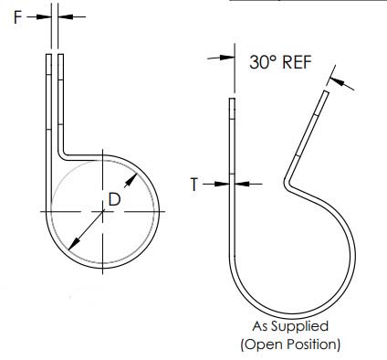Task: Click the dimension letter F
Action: [18, 17]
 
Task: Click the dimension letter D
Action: [115, 199]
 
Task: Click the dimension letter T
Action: [194, 185]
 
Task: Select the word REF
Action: [298, 62]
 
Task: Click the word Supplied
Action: [300, 327]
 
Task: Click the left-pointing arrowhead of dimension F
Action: [65, 16]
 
